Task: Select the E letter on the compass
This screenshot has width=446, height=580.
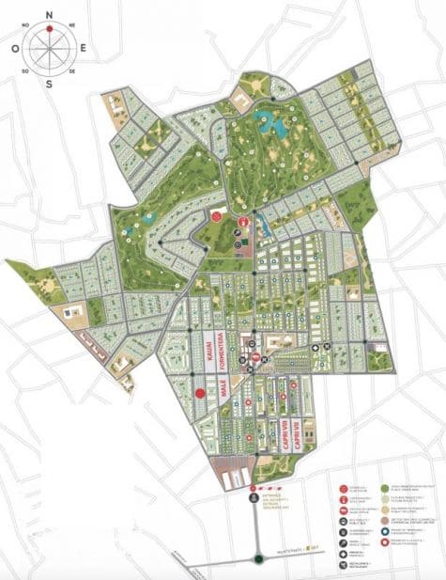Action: coord(84,46)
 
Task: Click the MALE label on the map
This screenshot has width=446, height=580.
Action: coord(223,394)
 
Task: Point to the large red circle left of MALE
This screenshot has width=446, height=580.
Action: coord(200,394)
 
